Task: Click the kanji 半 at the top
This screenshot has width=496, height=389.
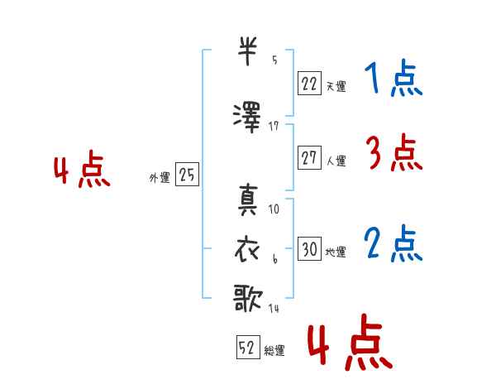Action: tap(247, 51)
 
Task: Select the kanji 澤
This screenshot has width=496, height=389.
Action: tap(247, 118)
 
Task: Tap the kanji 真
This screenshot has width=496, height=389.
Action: tap(248, 199)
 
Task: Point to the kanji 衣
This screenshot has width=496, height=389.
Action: tap(247, 250)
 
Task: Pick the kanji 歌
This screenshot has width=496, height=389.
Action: tap(248, 298)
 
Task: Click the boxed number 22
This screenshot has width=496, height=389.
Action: tap(309, 84)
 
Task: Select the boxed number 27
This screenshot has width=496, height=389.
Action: tap(309, 157)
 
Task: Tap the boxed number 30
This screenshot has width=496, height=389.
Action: tap(309, 248)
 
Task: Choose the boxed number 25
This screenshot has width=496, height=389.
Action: tap(188, 174)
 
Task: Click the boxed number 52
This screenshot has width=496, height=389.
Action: tap(248, 347)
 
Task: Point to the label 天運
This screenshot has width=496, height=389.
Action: tap(336, 86)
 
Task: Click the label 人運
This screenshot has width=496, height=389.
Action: tap(336, 161)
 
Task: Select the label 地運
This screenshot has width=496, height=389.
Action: tap(336, 252)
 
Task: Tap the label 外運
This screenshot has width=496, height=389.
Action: tap(160, 177)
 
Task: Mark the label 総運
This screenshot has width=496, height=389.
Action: tap(274, 350)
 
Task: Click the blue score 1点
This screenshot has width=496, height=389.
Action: tap(393, 78)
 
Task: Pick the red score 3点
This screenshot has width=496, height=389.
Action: tap(394, 152)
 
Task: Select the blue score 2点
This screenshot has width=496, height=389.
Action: tap(393, 243)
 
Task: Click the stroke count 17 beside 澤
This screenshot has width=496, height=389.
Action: tap(274, 127)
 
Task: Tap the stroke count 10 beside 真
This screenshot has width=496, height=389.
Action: tap(274, 209)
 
